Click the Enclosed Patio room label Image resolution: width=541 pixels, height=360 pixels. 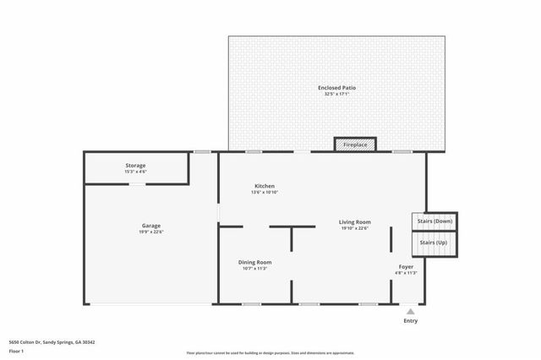336,88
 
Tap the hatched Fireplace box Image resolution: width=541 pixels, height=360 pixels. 355,145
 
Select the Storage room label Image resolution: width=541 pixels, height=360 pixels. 135,165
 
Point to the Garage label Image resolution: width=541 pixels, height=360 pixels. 151,226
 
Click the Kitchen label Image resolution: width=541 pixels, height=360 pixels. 265,186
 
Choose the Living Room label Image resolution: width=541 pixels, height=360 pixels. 355,221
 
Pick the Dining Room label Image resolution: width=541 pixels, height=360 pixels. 254,262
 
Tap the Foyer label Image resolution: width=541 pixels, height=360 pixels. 406,267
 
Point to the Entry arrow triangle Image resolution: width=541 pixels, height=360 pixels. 411,312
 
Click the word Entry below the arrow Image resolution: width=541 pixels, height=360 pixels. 411,321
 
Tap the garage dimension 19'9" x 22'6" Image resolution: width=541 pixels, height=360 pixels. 151,232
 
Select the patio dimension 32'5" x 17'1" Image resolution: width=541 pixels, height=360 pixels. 336,95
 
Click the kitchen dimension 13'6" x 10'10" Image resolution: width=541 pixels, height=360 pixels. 265,193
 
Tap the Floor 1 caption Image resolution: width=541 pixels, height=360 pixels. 16,350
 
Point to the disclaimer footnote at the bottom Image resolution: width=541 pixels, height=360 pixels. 270,352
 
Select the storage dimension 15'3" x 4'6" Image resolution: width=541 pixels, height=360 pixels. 135,172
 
